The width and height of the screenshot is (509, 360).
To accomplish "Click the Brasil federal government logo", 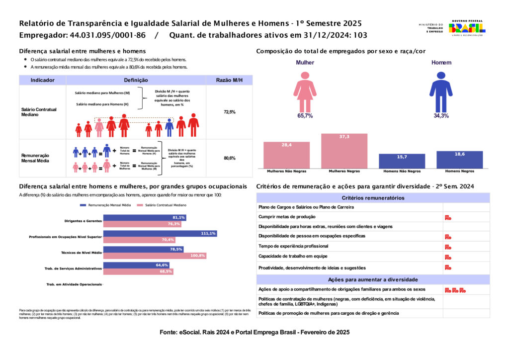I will point(467,27).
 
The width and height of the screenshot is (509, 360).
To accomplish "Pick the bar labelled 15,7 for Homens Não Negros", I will point(402,161).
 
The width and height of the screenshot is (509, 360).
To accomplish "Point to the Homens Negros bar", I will point(459,160).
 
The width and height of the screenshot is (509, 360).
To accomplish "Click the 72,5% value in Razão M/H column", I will point(229,112).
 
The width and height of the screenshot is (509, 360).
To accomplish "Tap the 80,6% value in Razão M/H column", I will point(229,158).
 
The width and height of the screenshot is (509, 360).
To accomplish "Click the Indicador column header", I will point(42,80).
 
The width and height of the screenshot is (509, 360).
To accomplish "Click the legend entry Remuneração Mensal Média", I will point(105,205).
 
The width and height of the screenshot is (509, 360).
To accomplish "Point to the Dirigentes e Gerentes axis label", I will point(83,221).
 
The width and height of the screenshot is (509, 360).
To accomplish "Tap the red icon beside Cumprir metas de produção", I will point(448,217).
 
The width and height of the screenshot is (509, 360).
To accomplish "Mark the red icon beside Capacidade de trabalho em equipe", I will point(448,257).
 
